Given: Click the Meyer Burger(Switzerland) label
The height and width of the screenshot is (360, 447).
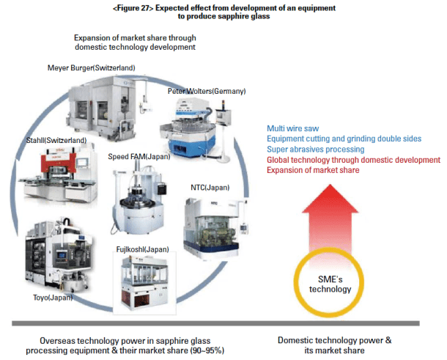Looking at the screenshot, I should pos(92,67).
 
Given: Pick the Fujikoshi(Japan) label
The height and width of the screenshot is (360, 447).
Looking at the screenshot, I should pos(148,249).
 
